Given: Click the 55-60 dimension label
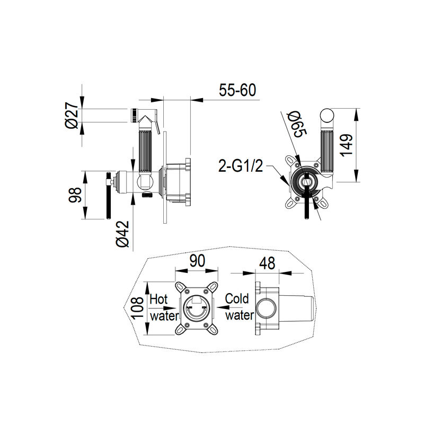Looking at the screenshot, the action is tap(237, 90).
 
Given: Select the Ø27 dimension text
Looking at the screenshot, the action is tap(72, 115).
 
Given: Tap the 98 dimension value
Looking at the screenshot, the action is tap(75, 195).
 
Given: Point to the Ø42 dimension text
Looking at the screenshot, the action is tap(122, 234).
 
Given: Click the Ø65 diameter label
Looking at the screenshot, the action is tap(297, 125).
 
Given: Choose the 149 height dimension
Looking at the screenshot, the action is tap(347, 145).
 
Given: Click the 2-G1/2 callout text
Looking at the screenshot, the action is tap(241, 166).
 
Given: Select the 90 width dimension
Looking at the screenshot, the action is tap(197, 261).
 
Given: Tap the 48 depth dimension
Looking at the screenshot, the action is tap(267, 263).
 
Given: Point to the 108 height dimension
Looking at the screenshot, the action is tap(137, 308).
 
